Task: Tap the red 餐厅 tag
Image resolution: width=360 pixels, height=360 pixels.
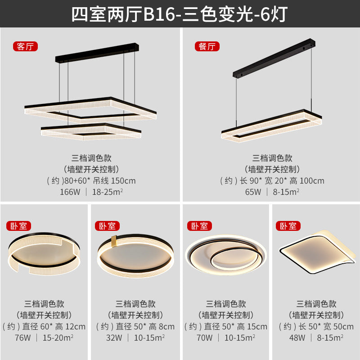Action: [x=207, y=46]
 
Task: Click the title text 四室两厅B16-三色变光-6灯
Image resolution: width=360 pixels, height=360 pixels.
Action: [x=180, y=13]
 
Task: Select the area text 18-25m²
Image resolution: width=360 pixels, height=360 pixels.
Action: [x=108, y=192]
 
